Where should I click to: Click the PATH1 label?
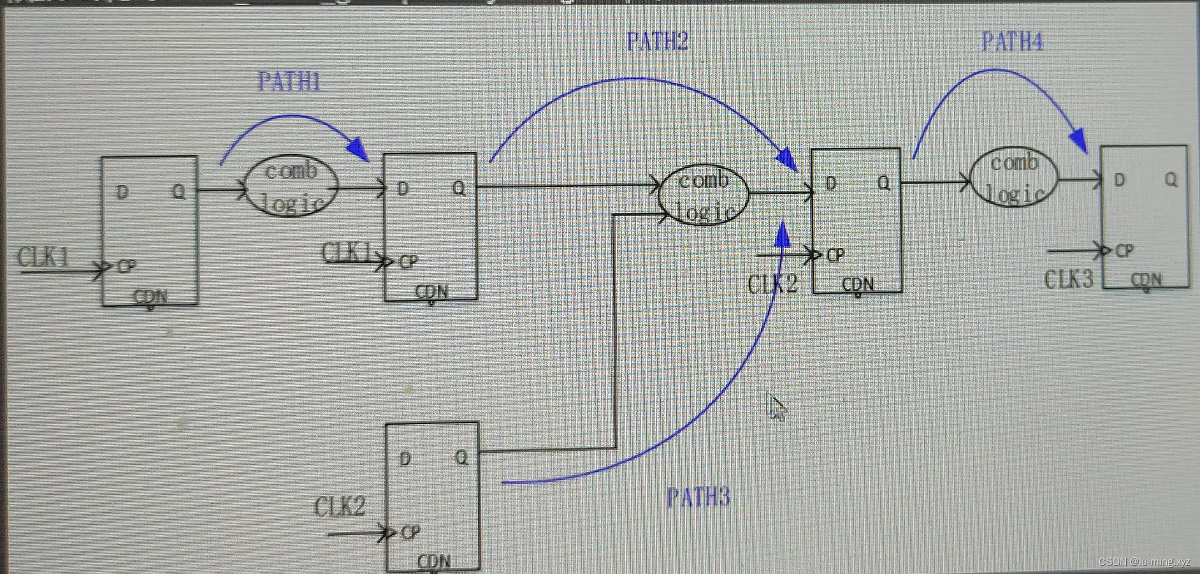pyautogui.click(x=289, y=82)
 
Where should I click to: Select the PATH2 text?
pyautogui.click(x=657, y=42)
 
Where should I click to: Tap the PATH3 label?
pyautogui.click(x=698, y=497)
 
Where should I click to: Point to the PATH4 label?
pyautogui.click(x=1011, y=42)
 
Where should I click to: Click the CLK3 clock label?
pyautogui.click(x=1068, y=279)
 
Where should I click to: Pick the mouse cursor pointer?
pyautogui.click(x=777, y=408)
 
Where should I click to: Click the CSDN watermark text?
pyautogui.click(x=1144, y=562)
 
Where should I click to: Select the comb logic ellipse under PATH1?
pyautogui.click(x=291, y=186)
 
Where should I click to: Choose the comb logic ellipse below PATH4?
pyautogui.click(x=1014, y=178)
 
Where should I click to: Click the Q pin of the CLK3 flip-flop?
pyautogui.click(x=1171, y=179)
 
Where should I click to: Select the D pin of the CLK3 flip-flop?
pyautogui.click(x=1120, y=180)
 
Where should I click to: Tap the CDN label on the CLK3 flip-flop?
pyautogui.click(x=1146, y=279)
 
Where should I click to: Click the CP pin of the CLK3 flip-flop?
pyautogui.click(x=1124, y=251)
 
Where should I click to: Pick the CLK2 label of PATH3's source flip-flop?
pyautogui.click(x=340, y=507)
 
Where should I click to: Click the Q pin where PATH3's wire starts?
pyautogui.click(x=461, y=457)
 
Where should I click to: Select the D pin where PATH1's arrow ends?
pyautogui.click(x=402, y=189)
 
